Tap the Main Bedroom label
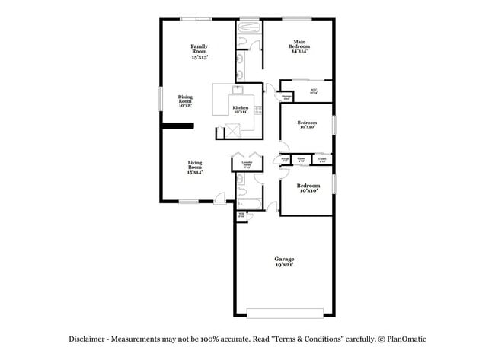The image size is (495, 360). [299, 45]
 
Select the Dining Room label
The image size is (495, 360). [185, 99]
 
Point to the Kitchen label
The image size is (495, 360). [241, 107]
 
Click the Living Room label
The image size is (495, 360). [195, 164]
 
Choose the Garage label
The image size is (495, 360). [284, 260]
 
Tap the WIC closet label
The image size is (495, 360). [313, 91]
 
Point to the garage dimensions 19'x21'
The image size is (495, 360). [284, 266]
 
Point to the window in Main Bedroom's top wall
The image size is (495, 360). [299, 18]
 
